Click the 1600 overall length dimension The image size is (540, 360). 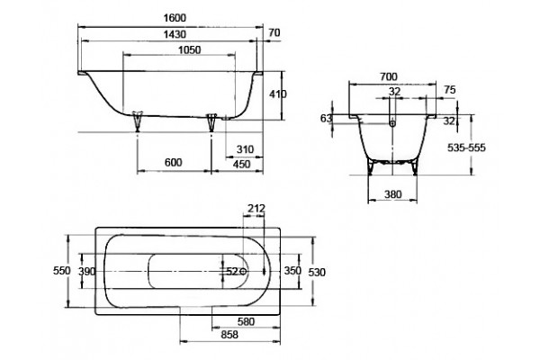point(175,18)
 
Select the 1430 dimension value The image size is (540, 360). point(175,34)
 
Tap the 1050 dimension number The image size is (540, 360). point(189,50)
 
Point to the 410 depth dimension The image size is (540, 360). point(277,94)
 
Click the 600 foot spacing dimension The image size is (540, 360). point(173,162)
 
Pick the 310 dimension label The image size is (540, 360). point(245,149)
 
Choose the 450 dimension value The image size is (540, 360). point(242,164)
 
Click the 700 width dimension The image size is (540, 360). point(389,76)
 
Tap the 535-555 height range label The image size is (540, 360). point(466,148)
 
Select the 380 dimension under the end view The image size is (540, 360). point(392,194)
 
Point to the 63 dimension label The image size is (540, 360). point(326,118)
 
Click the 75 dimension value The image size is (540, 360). point(450,90)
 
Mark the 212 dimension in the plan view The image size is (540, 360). point(256,209)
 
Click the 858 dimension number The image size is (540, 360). point(229,334)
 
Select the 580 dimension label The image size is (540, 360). point(246,321)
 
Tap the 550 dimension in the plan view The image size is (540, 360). point(62,271)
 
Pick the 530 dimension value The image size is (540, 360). point(317,273)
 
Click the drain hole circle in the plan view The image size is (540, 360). point(244,271)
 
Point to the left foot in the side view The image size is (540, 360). point(138,121)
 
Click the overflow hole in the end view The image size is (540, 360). point(392,122)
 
